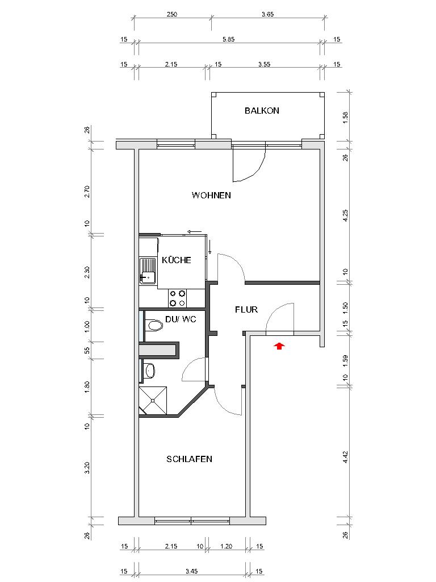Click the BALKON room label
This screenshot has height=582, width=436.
262,111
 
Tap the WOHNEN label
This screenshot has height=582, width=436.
211,196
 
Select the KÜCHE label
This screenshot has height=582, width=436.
177,260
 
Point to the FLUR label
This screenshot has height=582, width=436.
246,310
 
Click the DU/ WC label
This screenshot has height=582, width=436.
181,319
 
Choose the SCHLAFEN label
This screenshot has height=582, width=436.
189,459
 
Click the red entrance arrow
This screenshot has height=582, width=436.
279,346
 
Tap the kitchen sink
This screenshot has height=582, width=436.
148,271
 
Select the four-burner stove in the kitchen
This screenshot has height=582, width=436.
177,298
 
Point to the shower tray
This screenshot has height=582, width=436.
153,401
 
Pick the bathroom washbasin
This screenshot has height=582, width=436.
150,371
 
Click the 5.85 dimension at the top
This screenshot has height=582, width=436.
228,39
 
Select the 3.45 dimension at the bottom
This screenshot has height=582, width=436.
191,571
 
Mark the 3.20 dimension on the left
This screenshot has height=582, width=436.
87,468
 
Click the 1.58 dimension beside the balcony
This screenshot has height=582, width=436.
346,117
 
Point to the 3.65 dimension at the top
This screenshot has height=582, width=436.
268,14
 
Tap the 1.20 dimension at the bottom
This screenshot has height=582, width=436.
226,546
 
